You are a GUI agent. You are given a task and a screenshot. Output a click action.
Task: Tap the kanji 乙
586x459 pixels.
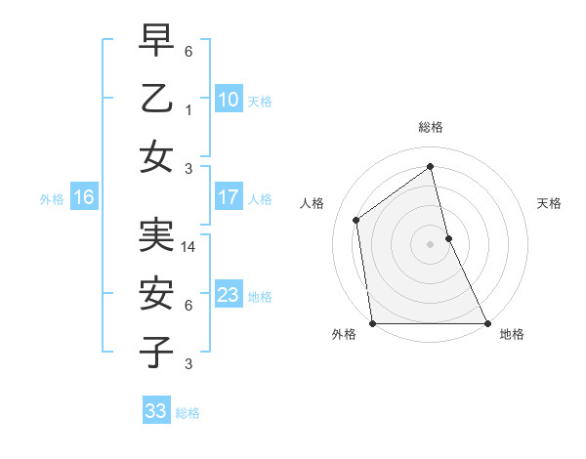156,98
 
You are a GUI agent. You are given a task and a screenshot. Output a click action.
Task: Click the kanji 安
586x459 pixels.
156,293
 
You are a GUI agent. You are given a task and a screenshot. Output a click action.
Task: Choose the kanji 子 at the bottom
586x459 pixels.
156,352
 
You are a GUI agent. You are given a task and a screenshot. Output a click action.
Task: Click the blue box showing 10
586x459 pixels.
228,100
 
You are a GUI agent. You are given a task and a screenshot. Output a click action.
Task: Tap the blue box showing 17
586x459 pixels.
228,198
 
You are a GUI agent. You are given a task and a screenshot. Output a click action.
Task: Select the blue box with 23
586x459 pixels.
228,295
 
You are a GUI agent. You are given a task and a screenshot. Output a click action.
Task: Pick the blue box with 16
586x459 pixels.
83,198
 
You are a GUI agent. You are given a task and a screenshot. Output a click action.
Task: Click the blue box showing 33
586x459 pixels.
155,411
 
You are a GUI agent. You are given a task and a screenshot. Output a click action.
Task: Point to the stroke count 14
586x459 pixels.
189,248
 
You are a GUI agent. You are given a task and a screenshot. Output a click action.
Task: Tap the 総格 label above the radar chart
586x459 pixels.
430,127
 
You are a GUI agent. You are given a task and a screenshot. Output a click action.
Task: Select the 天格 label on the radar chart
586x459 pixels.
549,203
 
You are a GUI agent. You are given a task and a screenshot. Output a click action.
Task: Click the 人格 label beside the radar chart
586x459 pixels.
313,203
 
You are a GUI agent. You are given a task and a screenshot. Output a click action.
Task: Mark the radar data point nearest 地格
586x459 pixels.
486,322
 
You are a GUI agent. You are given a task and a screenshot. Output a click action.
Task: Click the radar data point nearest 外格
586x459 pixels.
373,322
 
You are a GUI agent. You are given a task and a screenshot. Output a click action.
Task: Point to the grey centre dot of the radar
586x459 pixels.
430,244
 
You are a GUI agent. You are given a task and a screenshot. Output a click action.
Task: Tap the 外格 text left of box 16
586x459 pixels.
52,199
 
